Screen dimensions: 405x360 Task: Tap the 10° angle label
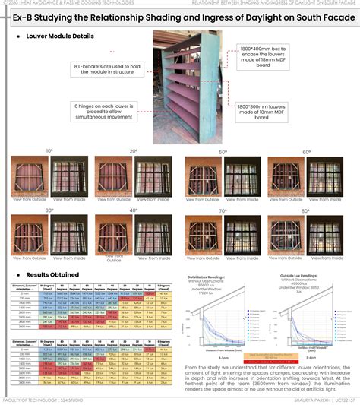point(49,151)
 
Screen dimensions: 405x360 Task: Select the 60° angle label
point(306,152)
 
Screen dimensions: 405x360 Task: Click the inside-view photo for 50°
point(242,176)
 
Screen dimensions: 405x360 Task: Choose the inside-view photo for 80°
point(329,234)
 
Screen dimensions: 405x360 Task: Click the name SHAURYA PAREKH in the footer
point(298,400)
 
